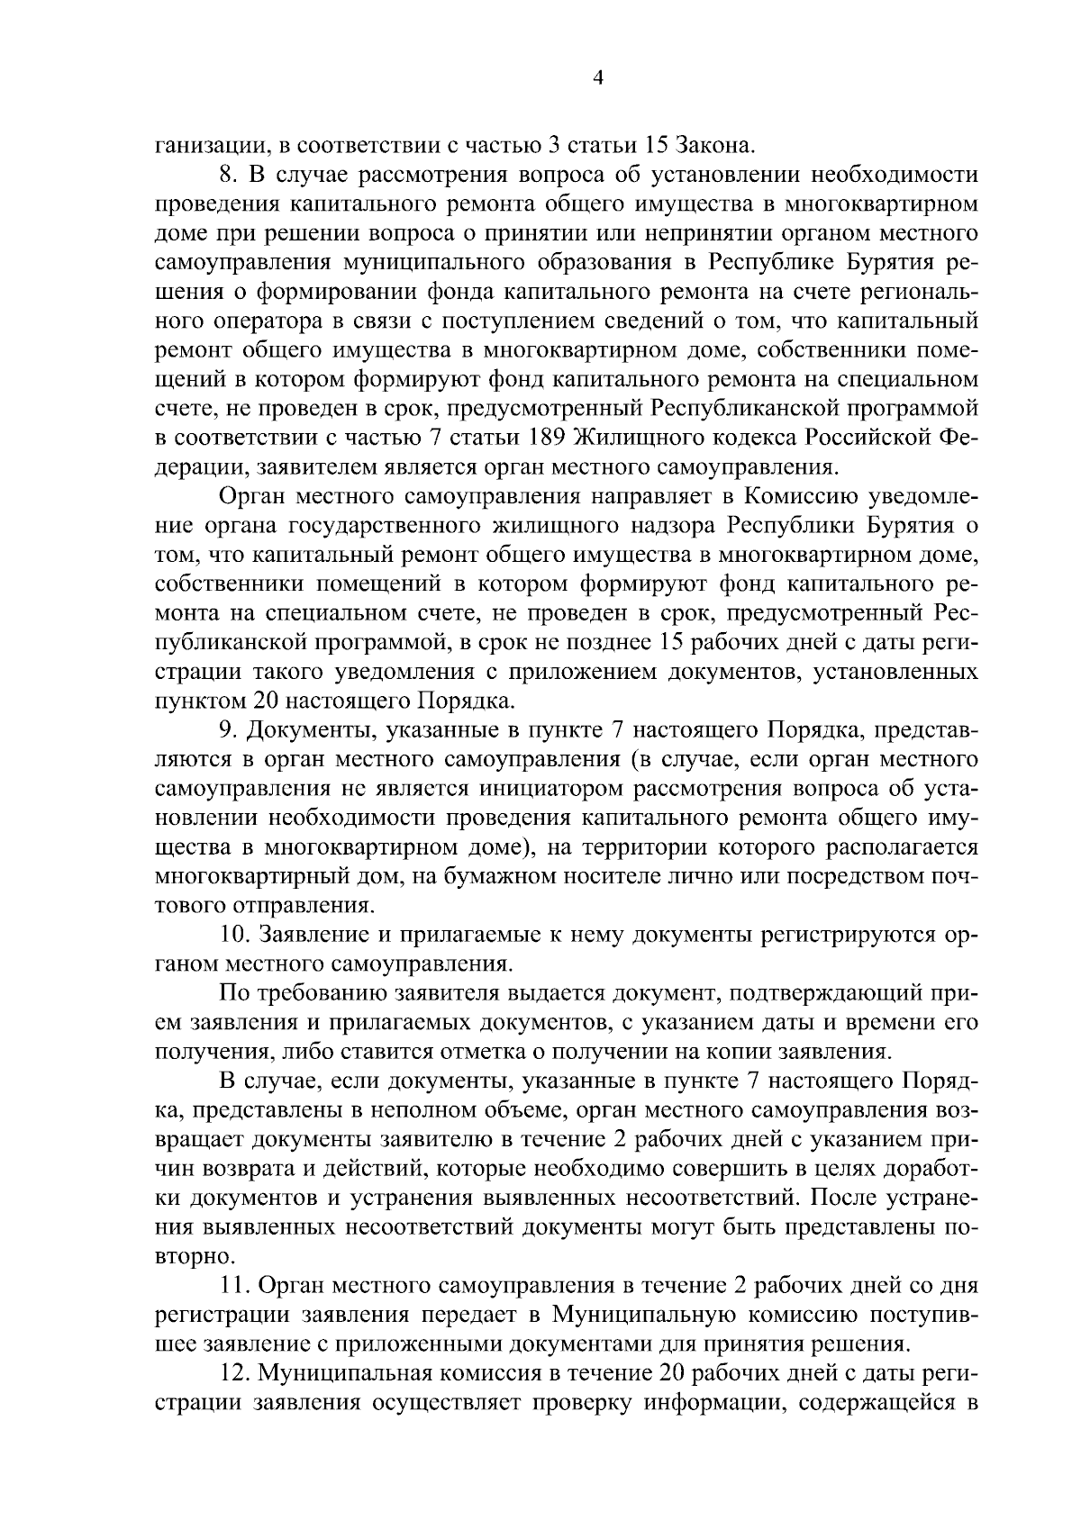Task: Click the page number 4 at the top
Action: click(x=596, y=77)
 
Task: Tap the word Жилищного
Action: click(x=637, y=438)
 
